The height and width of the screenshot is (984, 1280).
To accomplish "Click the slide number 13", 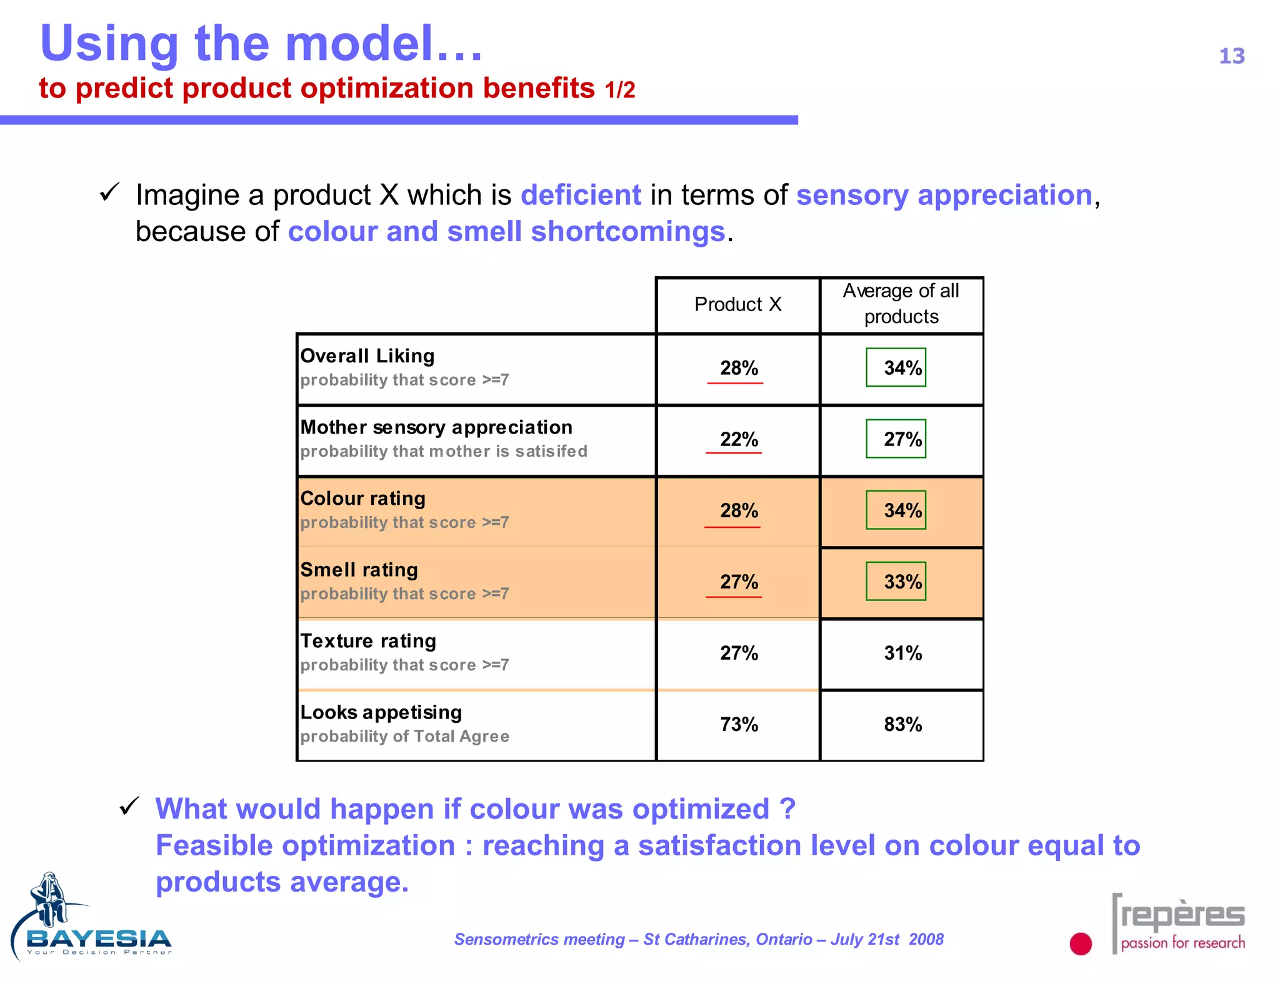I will coord(1231,56).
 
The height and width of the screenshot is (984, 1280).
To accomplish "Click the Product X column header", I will coord(737,304).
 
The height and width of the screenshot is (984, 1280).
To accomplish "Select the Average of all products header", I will coord(901,304).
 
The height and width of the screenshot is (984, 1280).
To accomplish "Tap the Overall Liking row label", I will coord(367,355).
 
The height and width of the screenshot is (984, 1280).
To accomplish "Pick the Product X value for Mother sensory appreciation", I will coord(738,439).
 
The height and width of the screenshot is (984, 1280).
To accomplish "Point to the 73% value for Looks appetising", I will coord(738,724).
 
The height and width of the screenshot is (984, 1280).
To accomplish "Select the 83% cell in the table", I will coord(902,724).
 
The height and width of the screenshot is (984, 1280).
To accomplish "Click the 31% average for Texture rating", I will coord(902,653).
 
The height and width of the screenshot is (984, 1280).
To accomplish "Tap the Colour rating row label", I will coord(362,499).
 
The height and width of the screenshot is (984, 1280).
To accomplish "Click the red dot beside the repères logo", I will coord(1080,943).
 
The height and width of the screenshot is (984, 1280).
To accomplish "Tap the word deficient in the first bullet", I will coord(581,195).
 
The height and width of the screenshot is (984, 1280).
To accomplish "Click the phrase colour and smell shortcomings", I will coord(506,231).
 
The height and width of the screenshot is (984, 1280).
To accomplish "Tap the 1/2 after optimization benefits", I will coord(619,91).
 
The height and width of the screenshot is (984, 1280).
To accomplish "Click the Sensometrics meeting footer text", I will coord(698,939).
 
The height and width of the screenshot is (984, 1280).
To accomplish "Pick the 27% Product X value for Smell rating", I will coord(738,582).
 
